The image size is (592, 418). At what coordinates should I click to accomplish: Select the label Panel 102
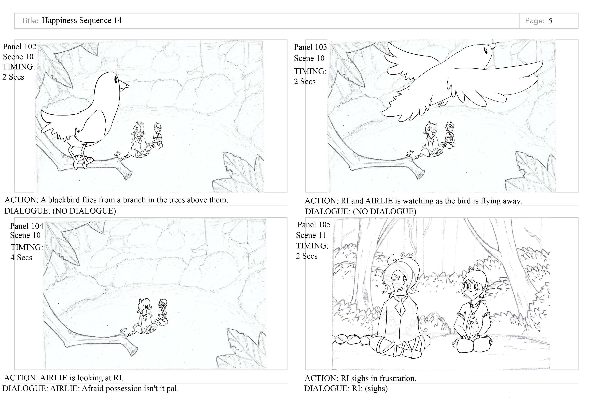pos(19,47)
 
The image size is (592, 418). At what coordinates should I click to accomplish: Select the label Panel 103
pos(310,47)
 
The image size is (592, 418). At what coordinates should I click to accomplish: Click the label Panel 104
pos(26,226)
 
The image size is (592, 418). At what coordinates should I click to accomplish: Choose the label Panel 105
pos(314,225)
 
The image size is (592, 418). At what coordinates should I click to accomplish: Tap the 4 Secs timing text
pos(21,258)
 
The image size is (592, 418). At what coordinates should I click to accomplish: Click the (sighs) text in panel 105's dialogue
pos(376,389)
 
